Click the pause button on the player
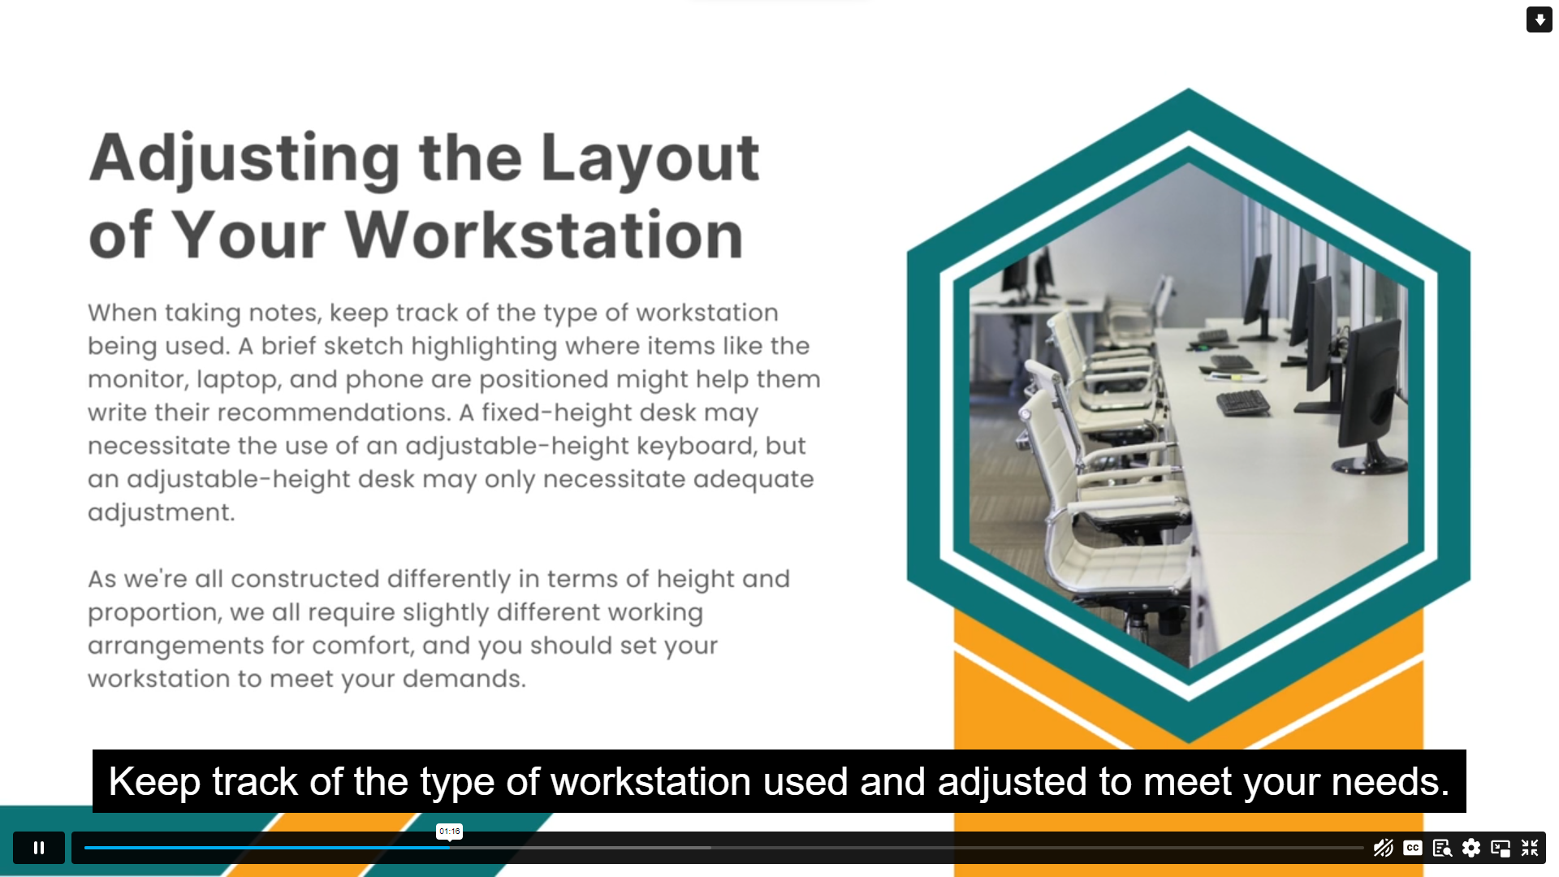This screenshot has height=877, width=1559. tap(39, 848)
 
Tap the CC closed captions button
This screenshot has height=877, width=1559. tap(1413, 848)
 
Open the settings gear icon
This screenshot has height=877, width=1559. tap(1471, 848)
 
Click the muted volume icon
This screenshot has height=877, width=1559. tap(1384, 848)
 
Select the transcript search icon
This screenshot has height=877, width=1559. tap(1442, 848)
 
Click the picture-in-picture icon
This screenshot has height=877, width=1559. tap(1501, 848)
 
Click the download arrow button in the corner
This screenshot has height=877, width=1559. tap(1540, 19)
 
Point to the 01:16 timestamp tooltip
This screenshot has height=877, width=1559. tap(449, 832)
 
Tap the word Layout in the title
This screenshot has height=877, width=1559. tap(650, 158)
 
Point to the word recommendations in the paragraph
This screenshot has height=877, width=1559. tap(334, 413)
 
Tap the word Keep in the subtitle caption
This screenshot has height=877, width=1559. tap(154, 782)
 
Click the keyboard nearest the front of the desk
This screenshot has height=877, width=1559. tap(1243, 403)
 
